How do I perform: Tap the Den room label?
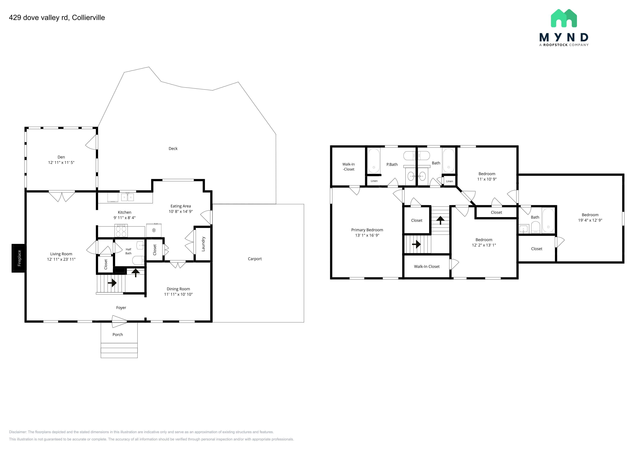61,157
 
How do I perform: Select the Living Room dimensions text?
61,259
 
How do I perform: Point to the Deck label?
173,149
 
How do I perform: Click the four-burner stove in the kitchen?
121,231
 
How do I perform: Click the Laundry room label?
203,244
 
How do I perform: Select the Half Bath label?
129,251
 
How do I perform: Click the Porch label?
118,334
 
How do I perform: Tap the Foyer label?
121,308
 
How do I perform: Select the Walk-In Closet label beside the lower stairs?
427,267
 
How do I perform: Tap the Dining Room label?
178,289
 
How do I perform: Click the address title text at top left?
57,17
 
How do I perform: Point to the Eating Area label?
181,206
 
